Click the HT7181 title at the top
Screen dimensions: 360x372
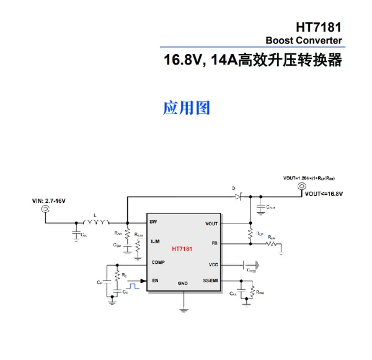click(319, 28)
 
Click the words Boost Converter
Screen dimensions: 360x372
click(304, 41)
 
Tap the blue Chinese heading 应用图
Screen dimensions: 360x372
click(187, 108)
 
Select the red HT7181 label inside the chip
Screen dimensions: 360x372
click(182, 249)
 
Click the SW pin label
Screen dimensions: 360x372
click(153, 222)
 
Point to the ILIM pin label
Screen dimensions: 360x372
click(155, 241)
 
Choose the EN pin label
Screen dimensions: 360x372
click(153, 281)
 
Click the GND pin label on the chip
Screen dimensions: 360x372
click(183, 283)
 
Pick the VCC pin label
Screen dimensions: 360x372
click(213, 264)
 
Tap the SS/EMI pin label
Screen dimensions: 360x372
click(210, 281)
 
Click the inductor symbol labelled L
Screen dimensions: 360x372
click(95, 221)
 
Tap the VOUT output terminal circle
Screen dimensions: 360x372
click(302, 186)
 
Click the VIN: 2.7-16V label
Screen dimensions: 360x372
click(49, 201)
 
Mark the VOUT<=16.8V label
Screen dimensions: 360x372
click(324, 194)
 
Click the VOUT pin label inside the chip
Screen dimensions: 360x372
click(211, 223)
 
